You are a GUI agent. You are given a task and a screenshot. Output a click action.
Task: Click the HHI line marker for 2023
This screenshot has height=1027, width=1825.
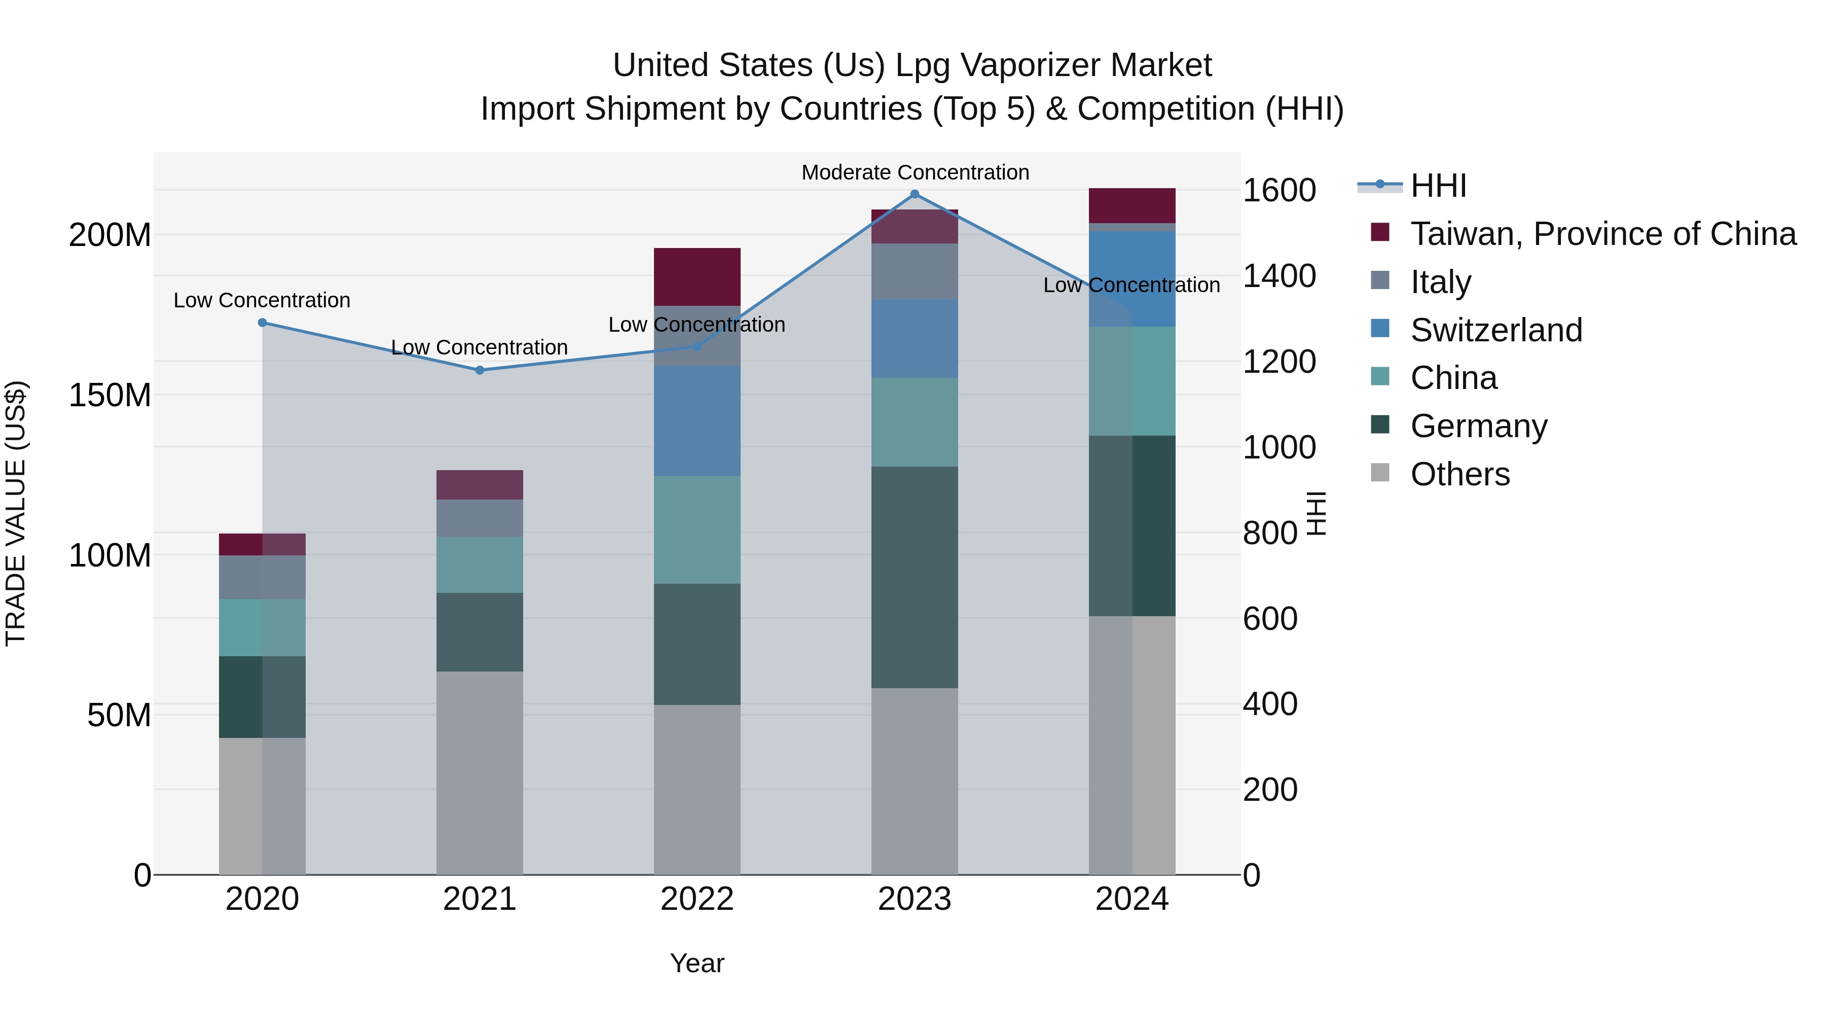click(x=914, y=194)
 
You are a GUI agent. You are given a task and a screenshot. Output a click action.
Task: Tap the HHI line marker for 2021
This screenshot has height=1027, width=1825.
click(x=480, y=370)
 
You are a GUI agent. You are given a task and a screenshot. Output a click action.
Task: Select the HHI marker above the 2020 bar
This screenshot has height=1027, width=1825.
click(x=262, y=323)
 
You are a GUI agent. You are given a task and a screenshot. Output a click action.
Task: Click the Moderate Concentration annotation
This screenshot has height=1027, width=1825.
click(x=915, y=172)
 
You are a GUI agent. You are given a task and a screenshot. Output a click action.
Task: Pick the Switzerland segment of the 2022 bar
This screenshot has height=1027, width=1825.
click(x=697, y=421)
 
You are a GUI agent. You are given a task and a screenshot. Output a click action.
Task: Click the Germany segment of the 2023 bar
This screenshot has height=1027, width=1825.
click(x=914, y=577)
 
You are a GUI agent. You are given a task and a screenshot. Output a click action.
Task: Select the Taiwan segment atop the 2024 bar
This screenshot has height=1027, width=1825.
click(x=1131, y=205)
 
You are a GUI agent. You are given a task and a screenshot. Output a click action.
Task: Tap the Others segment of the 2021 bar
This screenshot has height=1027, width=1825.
click(x=480, y=772)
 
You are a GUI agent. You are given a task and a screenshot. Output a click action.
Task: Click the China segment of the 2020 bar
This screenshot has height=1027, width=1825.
click(x=262, y=627)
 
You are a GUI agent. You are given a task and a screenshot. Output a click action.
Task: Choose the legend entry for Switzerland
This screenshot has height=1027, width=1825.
click(x=1495, y=330)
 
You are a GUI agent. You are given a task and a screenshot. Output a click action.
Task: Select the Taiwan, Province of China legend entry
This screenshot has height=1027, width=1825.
click(x=1602, y=234)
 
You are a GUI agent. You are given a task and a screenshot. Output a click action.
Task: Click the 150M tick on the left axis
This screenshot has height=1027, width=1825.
click(x=110, y=395)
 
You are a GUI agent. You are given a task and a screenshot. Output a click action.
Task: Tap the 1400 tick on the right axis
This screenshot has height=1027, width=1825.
click(x=1279, y=276)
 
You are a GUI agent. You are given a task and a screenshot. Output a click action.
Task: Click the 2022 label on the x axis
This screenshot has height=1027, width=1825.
click(x=697, y=899)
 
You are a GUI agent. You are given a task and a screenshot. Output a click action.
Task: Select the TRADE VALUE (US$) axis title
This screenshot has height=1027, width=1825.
click(x=16, y=513)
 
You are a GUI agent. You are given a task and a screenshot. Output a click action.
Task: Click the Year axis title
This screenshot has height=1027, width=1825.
click(x=697, y=963)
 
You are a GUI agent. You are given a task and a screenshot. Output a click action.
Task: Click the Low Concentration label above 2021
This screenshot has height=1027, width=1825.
click(x=480, y=347)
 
